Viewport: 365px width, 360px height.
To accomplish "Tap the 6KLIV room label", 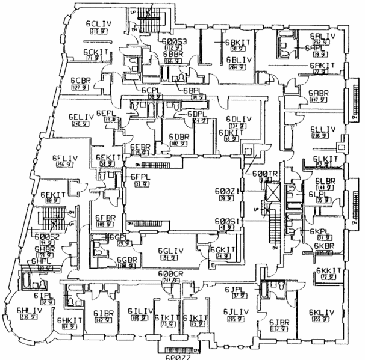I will (320, 312).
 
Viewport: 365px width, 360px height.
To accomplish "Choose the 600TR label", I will (264, 174).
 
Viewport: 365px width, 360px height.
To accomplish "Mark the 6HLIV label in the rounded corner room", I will (30, 311).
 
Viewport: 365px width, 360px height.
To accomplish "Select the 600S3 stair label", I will (175, 41).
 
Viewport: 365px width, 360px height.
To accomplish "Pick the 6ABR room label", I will (318, 93).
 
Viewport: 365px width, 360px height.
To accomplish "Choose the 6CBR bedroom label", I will (80, 80).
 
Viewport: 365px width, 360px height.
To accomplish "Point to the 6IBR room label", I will (104, 313).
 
